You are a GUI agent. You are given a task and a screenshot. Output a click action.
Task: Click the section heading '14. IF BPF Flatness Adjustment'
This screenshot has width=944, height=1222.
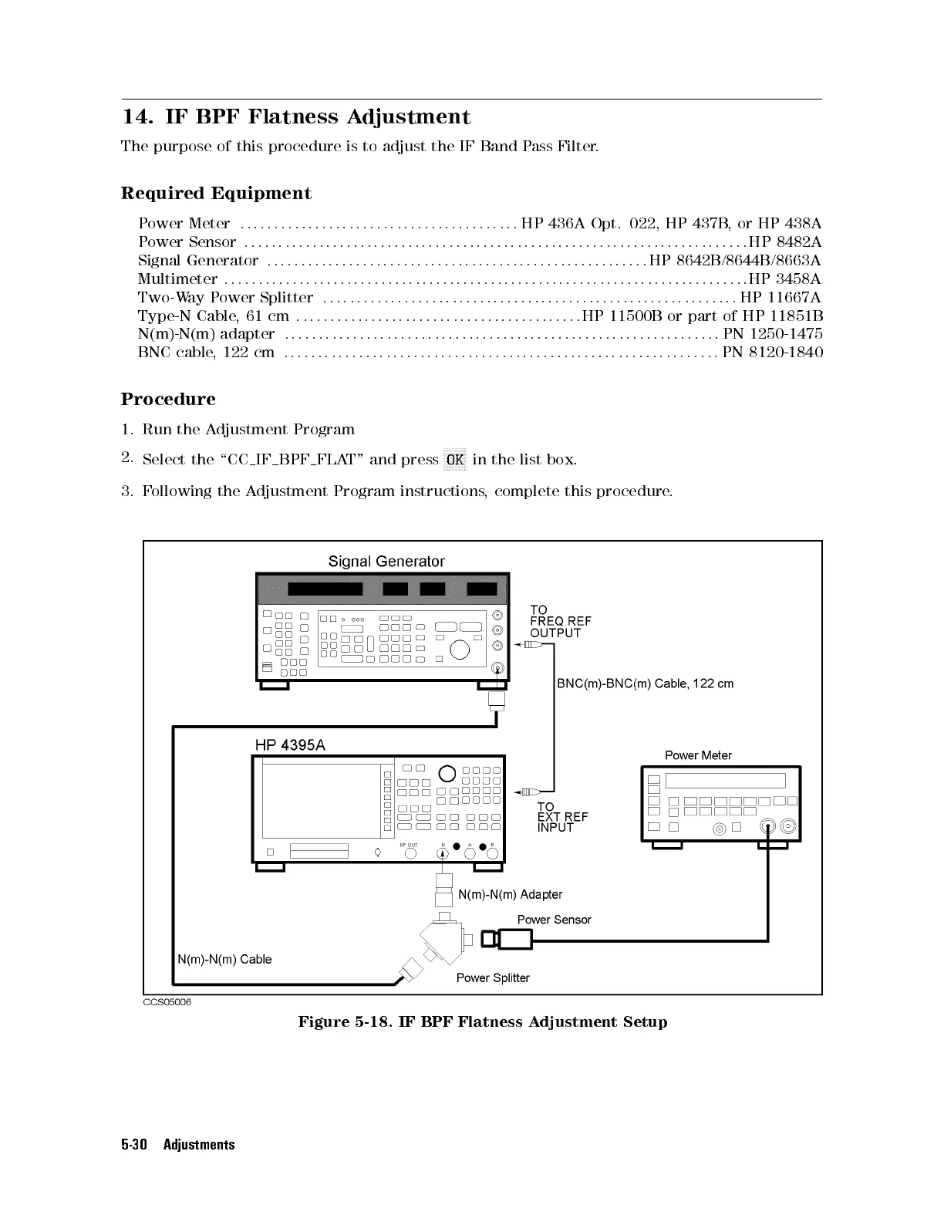tap(296, 117)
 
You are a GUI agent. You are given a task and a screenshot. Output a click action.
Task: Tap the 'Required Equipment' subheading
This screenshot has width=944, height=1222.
tap(216, 194)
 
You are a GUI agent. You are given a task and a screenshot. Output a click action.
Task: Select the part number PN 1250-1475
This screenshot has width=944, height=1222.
tap(773, 334)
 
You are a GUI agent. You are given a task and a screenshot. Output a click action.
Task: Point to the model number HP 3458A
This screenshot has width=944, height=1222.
tap(784, 278)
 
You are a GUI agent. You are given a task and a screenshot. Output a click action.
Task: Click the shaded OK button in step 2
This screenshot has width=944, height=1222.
tap(455, 460)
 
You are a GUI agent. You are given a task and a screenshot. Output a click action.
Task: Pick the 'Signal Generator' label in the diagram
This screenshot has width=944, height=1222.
tap(386, 562)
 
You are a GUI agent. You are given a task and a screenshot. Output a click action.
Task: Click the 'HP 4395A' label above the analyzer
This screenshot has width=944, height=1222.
tap(290, 745)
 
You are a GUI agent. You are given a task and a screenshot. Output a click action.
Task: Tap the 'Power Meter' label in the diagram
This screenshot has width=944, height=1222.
tap(698, 755)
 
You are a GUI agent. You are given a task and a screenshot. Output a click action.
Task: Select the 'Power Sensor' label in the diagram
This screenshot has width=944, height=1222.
tap(554, 920)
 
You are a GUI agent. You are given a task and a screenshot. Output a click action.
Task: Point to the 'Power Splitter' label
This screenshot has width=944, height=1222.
tap(493, 978)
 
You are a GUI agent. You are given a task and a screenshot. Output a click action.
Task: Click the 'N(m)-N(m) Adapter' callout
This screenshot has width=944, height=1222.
tap(510, 895)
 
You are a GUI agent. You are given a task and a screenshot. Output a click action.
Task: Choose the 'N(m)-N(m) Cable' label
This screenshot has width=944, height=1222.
tap(224, 960)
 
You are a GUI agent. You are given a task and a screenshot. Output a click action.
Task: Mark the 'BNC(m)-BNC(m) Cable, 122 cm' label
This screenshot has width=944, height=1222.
tap(645, 684)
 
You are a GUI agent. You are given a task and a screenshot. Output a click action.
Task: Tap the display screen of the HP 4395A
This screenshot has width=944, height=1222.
tap(322, 801)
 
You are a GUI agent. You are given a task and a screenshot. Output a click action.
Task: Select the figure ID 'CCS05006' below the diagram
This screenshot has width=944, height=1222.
tap(167, 1002)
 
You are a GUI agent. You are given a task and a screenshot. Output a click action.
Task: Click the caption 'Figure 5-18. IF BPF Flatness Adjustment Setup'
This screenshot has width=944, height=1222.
tap(483, 1022)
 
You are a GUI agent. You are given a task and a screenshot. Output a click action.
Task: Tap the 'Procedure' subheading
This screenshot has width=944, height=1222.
tap(168, 400)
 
